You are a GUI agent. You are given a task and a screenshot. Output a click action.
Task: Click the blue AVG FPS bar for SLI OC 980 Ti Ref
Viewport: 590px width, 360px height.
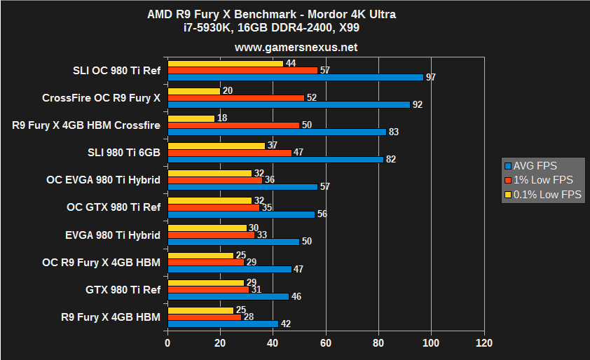click(x=294, y=77)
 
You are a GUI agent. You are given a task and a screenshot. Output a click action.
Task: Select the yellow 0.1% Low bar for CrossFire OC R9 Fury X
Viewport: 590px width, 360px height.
click(x=194, y=91)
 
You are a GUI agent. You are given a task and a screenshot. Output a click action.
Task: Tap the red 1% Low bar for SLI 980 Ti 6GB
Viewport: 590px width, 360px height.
click(x=229, y=152)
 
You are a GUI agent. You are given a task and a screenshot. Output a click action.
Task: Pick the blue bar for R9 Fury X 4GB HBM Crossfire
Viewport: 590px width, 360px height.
click(x=277, y=132)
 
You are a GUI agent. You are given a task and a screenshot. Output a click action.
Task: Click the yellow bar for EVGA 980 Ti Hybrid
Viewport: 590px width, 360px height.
click(x=207, y=228)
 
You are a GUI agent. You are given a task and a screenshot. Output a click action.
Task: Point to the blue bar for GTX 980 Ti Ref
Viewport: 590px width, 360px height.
click(x=228, y=296)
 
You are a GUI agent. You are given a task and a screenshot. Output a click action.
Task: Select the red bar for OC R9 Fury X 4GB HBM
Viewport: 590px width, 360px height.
click(x=205, y=261)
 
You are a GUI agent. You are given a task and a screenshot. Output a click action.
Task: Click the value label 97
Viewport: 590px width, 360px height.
click(x=431, y=77)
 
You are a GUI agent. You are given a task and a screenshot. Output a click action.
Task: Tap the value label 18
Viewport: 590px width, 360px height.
click(x=222, y=118)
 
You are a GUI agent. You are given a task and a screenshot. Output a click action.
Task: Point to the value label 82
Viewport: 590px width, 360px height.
click(x=391, y=159)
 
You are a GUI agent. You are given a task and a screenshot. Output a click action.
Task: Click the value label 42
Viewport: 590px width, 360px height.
click(x=286, y=324)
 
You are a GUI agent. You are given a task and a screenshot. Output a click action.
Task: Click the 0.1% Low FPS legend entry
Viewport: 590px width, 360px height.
click(x=543, y=195)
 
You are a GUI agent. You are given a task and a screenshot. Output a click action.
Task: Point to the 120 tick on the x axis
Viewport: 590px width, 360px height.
click(x=483, y=343)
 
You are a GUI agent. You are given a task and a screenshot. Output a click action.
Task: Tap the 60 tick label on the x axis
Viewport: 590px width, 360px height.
click(x=325, y=343)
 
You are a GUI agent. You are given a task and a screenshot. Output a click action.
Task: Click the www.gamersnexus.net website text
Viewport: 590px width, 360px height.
click(x=296, y=48)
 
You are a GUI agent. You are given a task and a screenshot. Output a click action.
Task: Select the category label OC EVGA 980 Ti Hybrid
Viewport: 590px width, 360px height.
click(x=103, y=180)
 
